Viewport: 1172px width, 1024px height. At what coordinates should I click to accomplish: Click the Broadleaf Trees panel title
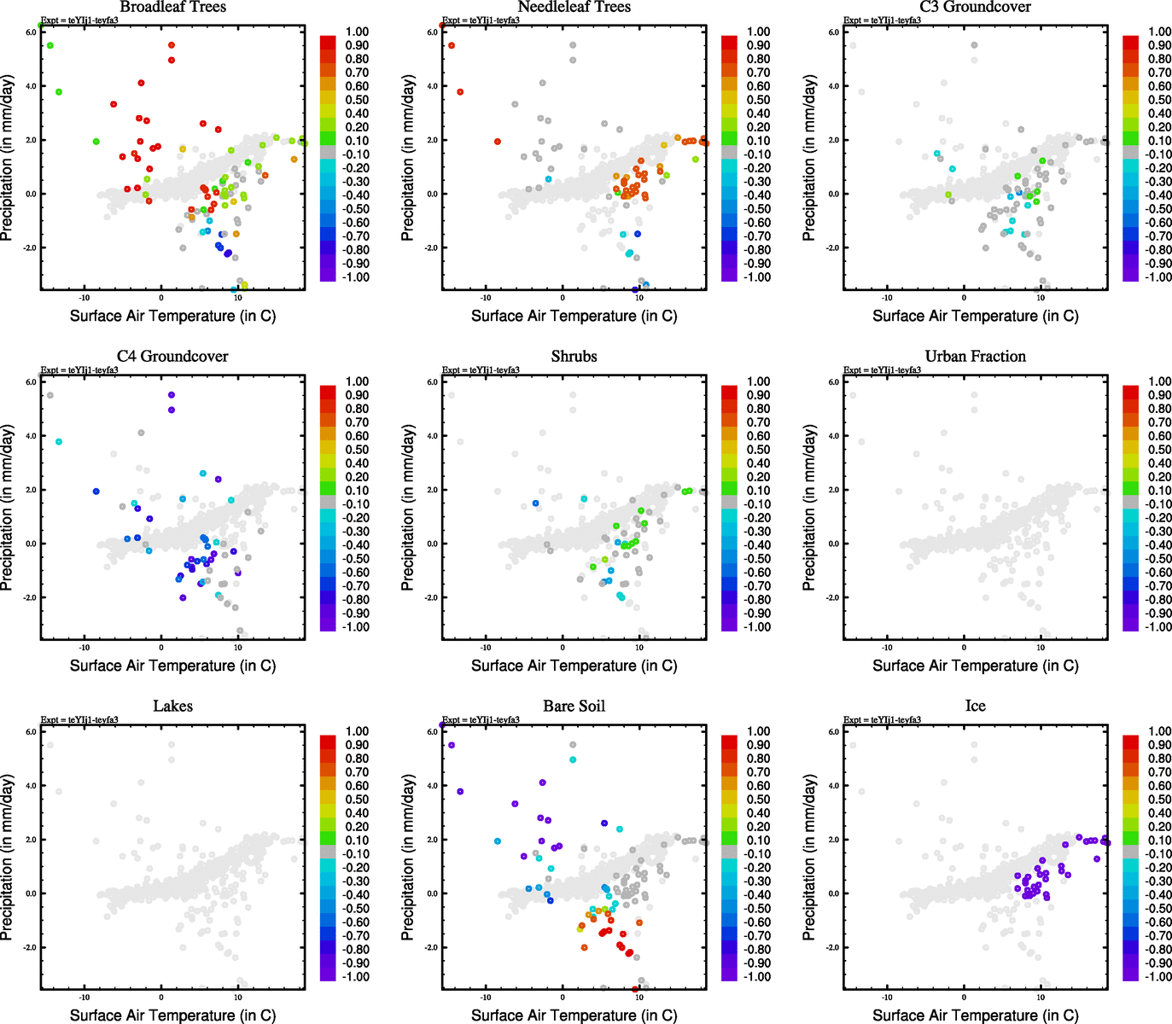coord(172,7)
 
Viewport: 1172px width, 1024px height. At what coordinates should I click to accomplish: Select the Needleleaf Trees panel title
coord(574,7)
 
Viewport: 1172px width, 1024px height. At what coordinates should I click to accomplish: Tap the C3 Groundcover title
coord(975,7)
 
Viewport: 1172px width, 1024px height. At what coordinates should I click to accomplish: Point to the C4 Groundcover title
coord(172,357)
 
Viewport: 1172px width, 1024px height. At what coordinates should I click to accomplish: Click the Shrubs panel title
coord(574,357)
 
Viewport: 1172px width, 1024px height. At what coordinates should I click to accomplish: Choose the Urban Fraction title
coord(975,357)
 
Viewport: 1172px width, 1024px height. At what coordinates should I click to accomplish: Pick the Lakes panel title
coord(172,707)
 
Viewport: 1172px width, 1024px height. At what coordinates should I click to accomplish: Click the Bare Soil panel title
coord(574,707)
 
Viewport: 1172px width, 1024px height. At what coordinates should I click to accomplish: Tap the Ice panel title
coord(975,707)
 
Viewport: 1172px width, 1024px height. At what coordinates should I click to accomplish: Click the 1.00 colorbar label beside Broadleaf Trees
coord(357,32)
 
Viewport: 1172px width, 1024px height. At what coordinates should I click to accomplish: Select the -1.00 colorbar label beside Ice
coord(1157,976)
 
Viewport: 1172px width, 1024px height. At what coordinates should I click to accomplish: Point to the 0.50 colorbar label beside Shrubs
coord(758,450)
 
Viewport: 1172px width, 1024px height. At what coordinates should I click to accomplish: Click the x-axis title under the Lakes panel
coord(172,1015)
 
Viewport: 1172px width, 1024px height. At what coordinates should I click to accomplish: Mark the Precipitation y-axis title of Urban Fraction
coord(809,509)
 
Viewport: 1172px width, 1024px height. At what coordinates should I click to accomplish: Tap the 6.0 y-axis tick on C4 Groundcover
coord(31,382)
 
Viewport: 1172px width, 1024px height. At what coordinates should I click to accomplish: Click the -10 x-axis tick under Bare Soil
coord(486,997)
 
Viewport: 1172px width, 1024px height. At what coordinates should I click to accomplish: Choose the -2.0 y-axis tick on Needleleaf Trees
coord(431,248)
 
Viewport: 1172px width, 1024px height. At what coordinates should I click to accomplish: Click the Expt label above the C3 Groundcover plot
coord(882,20)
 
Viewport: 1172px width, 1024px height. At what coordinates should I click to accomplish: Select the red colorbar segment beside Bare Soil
coord(729,742)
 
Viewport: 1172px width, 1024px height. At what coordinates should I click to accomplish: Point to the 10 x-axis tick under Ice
coord(1041,997)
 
